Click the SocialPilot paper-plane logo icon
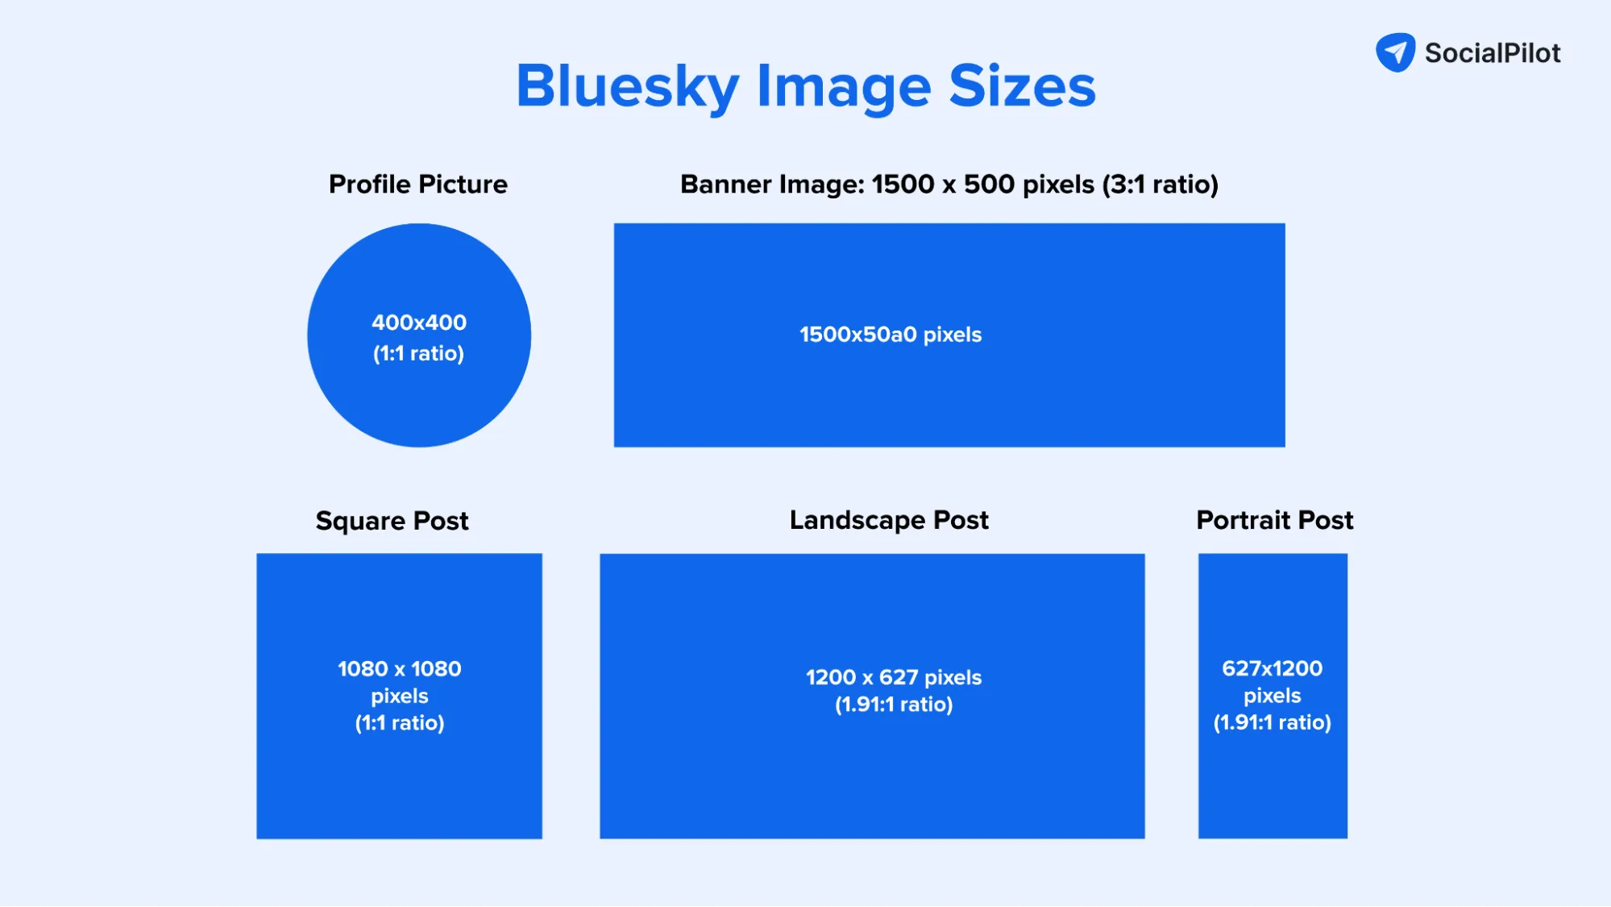[1395, 52]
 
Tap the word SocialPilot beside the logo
[1493, 53]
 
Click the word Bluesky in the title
[627, 86]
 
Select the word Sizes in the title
[1022, 86]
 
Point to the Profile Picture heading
[418, 185]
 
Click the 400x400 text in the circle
[419, 322]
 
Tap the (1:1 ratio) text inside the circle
[419, 353]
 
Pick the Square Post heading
[392, 521]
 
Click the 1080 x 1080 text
[400, 669]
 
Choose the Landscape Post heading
[889, 520]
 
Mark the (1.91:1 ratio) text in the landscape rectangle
[894, 705]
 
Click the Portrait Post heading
[1274, 520]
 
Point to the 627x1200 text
[1273, 668]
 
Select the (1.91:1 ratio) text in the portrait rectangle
[1273, 722]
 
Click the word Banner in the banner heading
[727, 185]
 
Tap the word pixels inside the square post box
[400, 696]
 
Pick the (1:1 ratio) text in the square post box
[400, 723]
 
